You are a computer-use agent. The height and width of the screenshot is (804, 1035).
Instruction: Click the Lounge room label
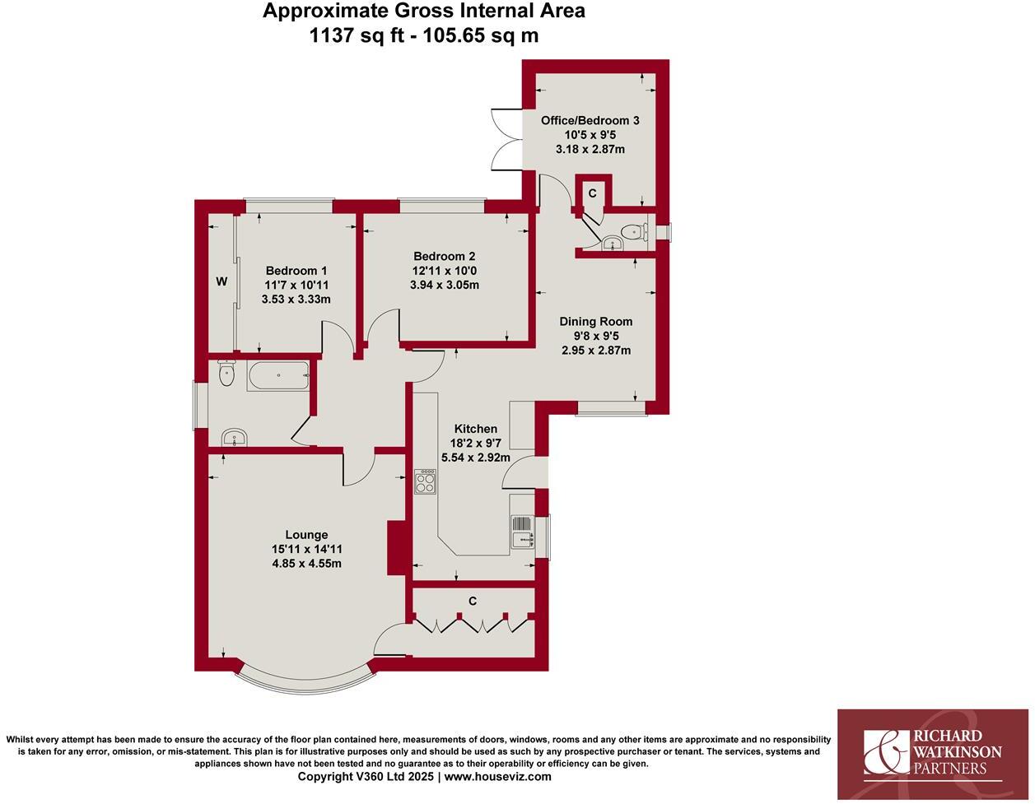[306, 535]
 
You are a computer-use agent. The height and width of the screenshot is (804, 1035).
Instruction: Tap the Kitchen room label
[476, 429]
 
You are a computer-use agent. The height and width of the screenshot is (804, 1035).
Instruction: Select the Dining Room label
[595, 321]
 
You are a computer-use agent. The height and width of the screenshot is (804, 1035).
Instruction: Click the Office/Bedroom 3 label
[590, 120]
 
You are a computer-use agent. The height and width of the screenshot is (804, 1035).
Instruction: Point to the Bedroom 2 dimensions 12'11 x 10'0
[444, 271]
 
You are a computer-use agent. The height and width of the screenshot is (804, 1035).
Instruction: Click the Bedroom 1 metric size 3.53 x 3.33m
[296, 300]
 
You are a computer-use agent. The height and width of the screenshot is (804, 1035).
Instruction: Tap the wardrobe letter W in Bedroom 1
[221, 281]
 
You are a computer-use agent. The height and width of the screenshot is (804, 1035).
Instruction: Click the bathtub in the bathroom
[277, 376]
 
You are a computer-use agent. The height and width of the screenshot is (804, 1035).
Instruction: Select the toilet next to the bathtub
[227, 374]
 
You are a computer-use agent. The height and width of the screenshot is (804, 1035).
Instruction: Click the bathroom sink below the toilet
[235, 437]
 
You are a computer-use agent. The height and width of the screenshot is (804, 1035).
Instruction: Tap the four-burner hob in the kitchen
[425, 481]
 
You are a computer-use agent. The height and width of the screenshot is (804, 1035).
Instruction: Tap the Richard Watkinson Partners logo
[932, 753]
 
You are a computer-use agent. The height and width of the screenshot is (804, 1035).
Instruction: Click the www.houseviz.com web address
[498, 776]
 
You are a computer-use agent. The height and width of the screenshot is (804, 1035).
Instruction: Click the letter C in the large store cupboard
[473, 602]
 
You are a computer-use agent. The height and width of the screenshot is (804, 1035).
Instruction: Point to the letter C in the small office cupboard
[592, 193]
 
